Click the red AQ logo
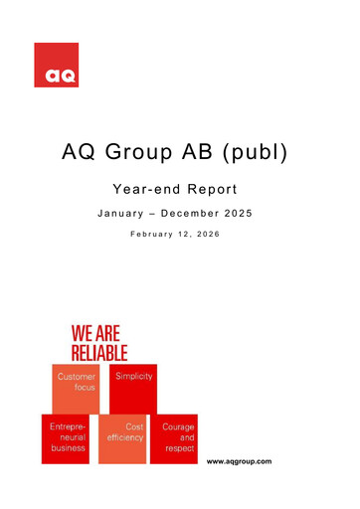point(56,65)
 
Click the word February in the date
point(150,237)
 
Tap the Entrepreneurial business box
point(67,438)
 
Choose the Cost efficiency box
point(122,438)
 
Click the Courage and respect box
point(174,438)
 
